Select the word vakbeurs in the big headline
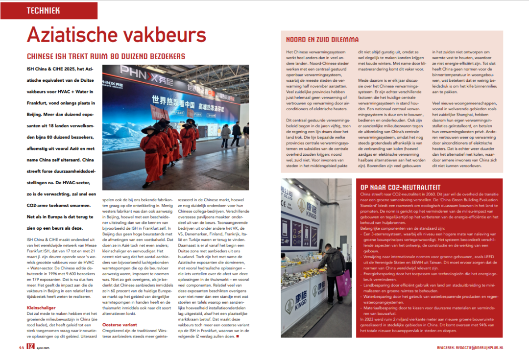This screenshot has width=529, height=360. coord(166,35)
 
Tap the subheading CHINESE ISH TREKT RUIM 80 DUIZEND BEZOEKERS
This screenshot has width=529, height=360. coord(106,56)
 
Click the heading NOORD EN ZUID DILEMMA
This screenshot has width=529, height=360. coord(322,40)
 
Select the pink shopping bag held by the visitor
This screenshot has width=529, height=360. coord(343,284)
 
